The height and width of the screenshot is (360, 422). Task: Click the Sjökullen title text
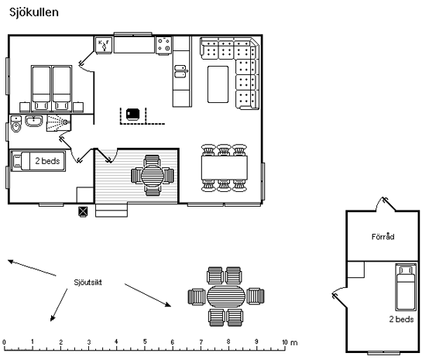pos(34,12)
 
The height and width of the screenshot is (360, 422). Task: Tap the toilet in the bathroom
pos(16,124)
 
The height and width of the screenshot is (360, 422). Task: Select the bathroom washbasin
pos(34,121)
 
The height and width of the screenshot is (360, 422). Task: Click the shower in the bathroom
pos(59,122)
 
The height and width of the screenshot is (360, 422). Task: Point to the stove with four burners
pos(164,45)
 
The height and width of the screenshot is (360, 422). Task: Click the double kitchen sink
pos(180,71)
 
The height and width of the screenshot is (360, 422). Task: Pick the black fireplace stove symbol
pos(132,114)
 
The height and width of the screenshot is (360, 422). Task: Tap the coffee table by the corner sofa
pos(218,84)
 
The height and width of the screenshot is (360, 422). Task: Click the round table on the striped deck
pos(153,176)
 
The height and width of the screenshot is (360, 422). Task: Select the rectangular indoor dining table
pos(225,168)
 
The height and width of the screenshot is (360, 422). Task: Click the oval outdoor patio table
pos(226,297)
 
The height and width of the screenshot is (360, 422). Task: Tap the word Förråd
pos(383,236)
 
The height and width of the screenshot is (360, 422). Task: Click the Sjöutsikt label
pos(88,283)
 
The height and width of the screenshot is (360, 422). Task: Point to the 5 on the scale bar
pos(145,341)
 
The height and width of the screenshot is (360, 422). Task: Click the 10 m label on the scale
pos(290,342)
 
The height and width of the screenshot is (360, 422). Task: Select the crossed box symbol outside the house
pos(83,211)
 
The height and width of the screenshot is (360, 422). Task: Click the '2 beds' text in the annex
pos(401,319)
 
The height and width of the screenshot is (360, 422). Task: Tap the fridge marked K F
pos(103,45)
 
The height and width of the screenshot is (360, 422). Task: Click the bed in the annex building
pos(405,287)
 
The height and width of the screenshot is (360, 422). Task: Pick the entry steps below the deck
pos(112,210)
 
